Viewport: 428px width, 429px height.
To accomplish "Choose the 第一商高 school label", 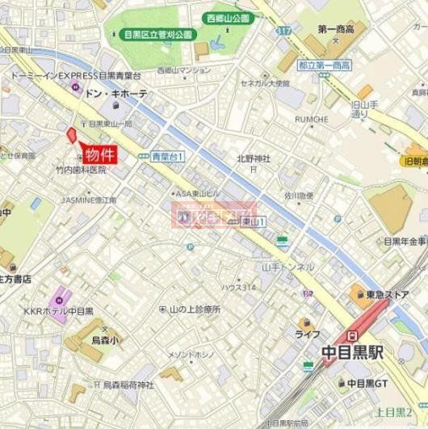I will [x=338, y=30].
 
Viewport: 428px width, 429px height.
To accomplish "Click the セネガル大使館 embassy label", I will [x=271, y=82].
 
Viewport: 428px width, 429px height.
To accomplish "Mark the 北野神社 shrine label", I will [x=253, y=158].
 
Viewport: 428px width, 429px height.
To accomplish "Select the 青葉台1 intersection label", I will [x=168, y=157].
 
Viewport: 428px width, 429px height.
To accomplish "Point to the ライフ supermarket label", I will [x=307, y=334].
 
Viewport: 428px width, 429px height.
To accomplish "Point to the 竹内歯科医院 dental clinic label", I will [x=81, y=170].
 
